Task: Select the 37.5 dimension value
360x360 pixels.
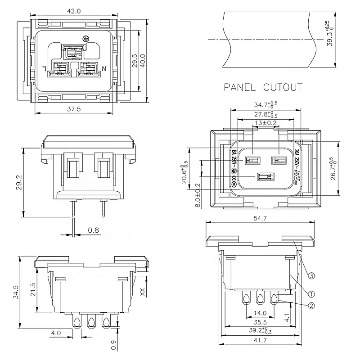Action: pos(74,108)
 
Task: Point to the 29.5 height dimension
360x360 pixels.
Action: pos(135,61)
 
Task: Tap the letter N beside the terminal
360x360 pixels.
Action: pos(104,69)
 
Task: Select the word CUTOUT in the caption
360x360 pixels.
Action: pos(283,87)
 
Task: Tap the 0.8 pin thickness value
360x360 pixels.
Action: pos(93,230)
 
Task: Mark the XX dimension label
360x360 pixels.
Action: pos(143,292)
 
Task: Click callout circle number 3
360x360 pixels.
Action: pos(311,276)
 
